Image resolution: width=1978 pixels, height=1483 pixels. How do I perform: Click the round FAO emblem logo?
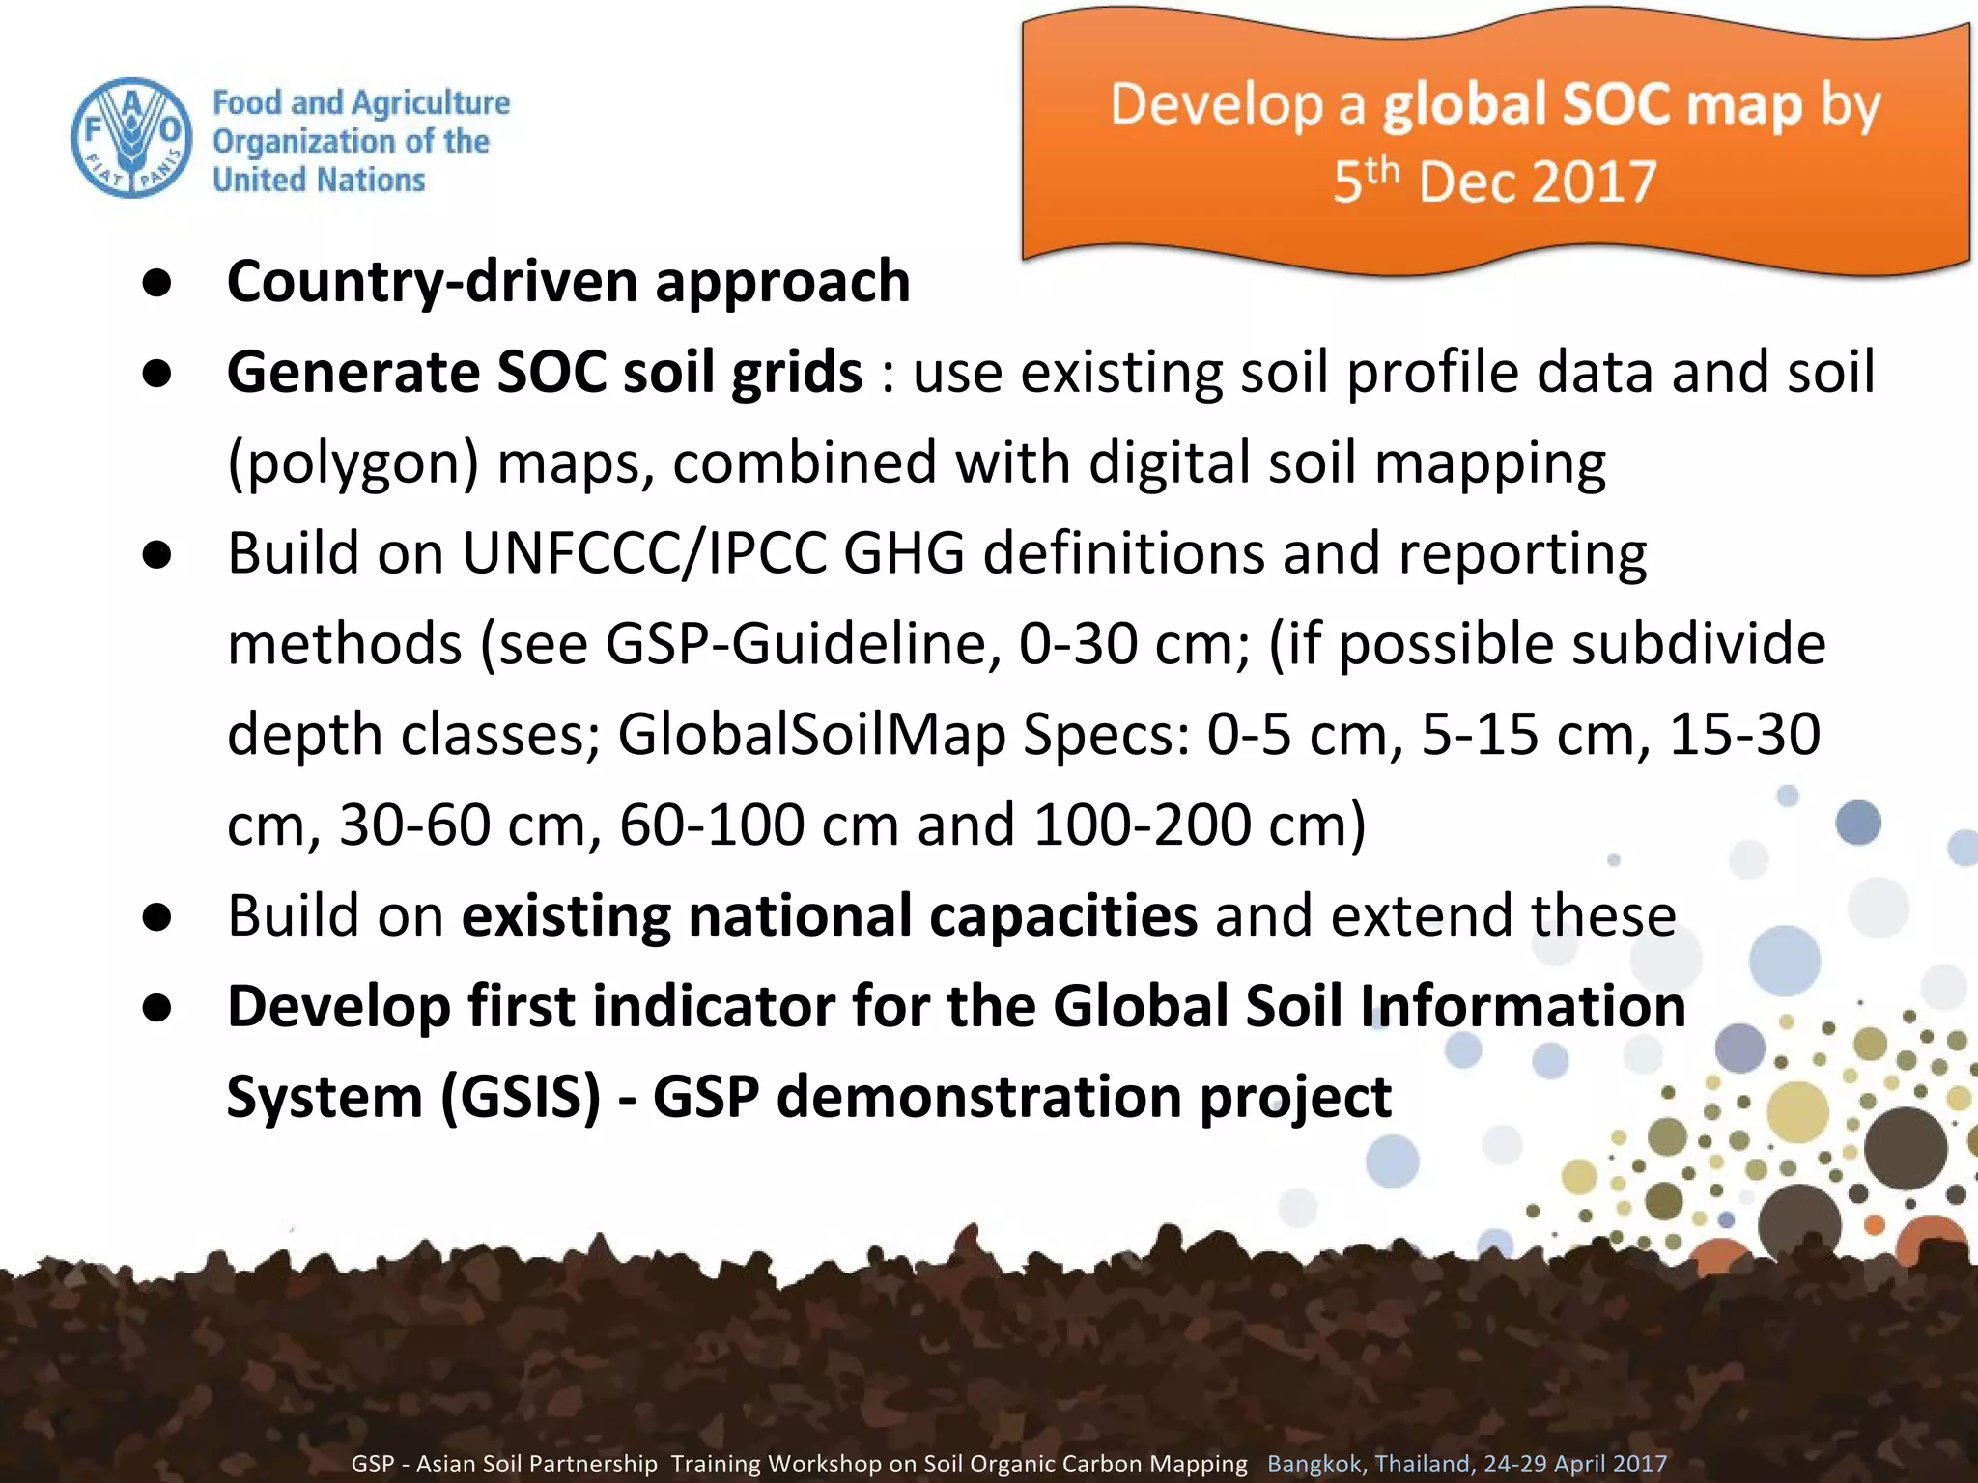(x=132, y=138)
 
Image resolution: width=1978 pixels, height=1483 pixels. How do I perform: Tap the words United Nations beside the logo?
(x=319, y=180)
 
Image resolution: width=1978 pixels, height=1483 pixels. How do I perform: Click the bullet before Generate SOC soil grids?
(x=156, y=374)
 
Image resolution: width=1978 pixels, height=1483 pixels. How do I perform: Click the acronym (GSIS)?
(x=521, y=1097)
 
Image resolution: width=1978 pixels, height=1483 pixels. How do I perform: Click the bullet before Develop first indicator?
(x=156, y=1008)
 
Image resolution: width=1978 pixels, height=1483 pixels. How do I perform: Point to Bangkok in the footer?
(x=1314, y=1464)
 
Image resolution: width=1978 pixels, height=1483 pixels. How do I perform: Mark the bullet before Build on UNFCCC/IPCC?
(x=156, y=554)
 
